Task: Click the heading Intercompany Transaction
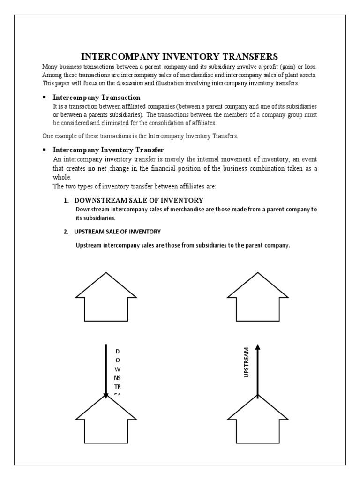(96, 97)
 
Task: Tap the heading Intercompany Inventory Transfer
(108, 150)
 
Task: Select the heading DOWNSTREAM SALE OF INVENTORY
(139, 201)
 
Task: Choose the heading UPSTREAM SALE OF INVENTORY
(118, 232)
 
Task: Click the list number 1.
(66, 201)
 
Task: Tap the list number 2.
(66, 232)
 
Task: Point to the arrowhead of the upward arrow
(257, 347)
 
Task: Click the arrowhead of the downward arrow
(106, 395)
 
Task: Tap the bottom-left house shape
(106, 422)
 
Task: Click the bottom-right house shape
(257, 422)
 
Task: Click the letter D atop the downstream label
(117, 351)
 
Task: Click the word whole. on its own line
(62, 178)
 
